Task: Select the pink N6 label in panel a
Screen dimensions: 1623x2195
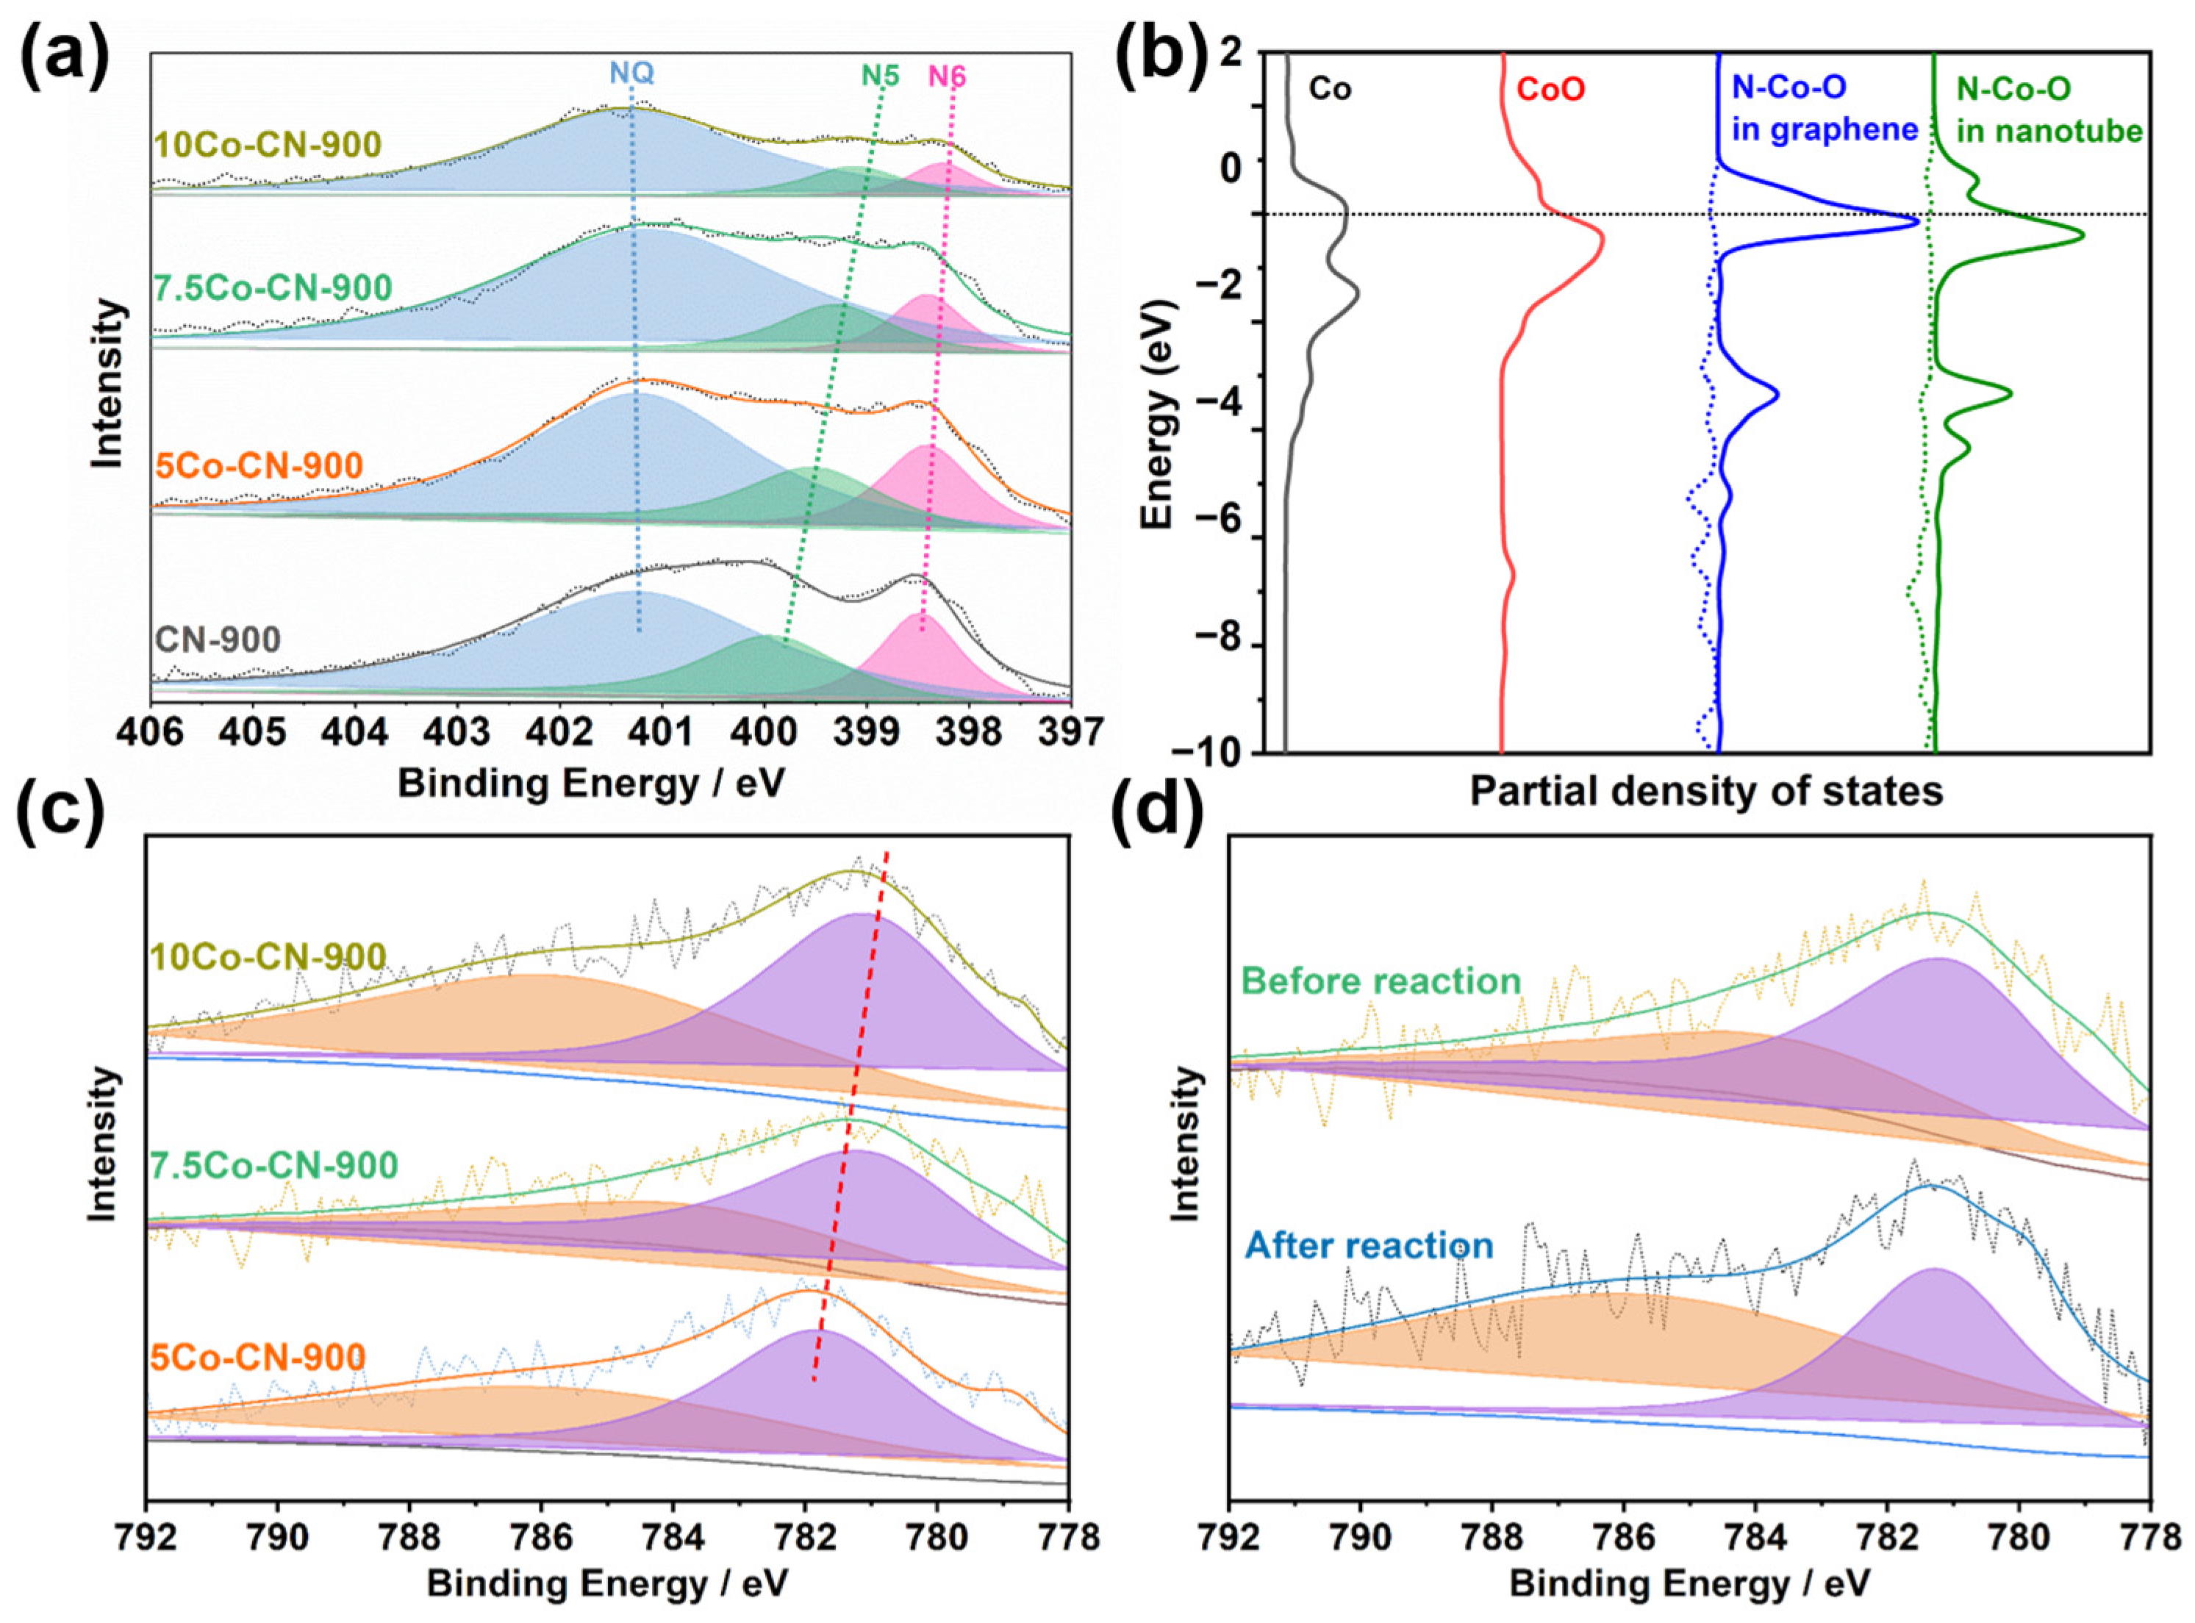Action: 947,76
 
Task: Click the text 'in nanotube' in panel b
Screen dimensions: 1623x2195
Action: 2048,131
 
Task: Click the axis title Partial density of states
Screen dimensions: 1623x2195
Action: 1705,791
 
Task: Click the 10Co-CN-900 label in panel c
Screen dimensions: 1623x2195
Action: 268,956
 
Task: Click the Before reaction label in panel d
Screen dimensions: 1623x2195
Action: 1381,981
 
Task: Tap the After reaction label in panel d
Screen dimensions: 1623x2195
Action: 1369,1246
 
